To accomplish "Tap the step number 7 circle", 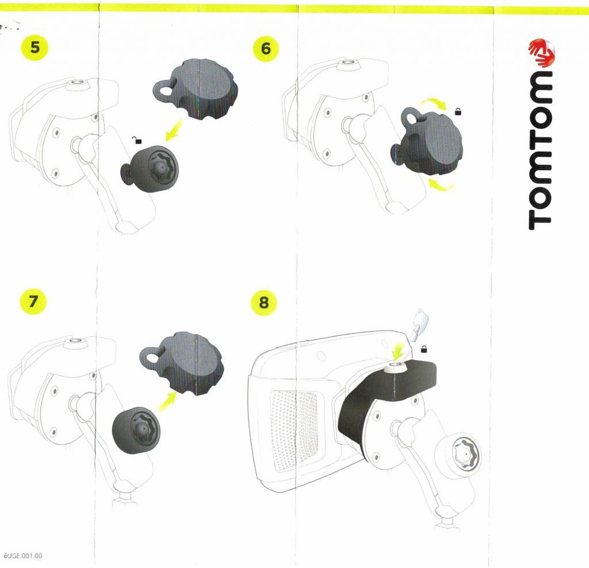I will click(x=33, y=301).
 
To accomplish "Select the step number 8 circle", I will click(x=264, y=302).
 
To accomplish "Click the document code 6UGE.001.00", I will click(x=23, y=556).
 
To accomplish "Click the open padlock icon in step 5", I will click(x=138, y=141).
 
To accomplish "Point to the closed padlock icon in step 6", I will click(x=458, y=112).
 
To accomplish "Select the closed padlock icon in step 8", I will click(x=424, y=350).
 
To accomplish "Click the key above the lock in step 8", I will click(x=417, y=322).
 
